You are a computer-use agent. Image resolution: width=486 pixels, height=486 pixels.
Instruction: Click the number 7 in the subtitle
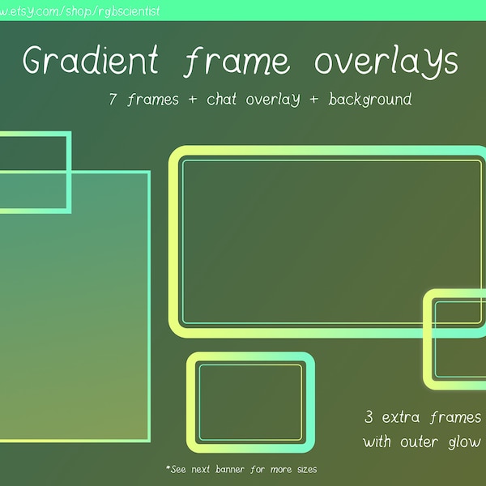click(x=113, y=100)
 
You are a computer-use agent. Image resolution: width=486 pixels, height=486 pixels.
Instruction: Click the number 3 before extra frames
click(x=369, y=419)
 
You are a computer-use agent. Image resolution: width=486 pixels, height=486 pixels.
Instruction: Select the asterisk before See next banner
click(x=168, y=468)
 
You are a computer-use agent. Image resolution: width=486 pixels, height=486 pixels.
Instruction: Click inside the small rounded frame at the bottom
click(x=250, y=402)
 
